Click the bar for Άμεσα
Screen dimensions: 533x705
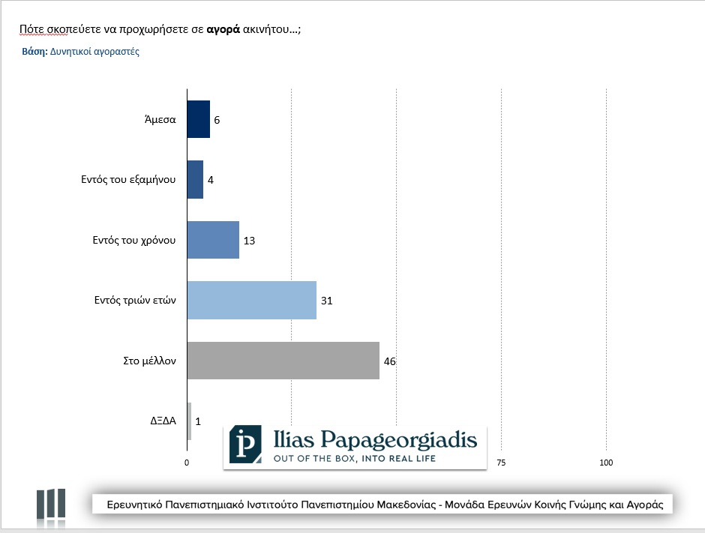[x=198, y=119]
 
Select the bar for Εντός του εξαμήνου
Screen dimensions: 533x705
[x=195, y=180]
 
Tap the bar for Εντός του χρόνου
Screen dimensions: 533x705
[x=213, y=240]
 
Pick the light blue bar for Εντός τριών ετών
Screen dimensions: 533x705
[x=251, y=301]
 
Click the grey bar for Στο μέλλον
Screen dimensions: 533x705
[x=283, y=361]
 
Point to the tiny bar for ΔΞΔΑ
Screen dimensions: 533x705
[x=189, y=421]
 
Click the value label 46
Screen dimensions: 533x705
[x=389, y=361]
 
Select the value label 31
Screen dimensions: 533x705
[x=326, y=301]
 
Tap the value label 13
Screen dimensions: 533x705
[x=250, y=241]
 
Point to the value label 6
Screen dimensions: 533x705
[x=217, y=120]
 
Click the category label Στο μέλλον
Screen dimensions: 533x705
[x=149, y=361]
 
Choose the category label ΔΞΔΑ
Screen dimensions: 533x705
[x=163, y=421]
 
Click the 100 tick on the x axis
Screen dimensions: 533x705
[x=606, y=463]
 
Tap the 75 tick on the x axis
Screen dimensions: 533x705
[x=501, y=463]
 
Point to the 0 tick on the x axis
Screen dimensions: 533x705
[x=187, y=463]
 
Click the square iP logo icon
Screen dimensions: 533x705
[x=246, y=445]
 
